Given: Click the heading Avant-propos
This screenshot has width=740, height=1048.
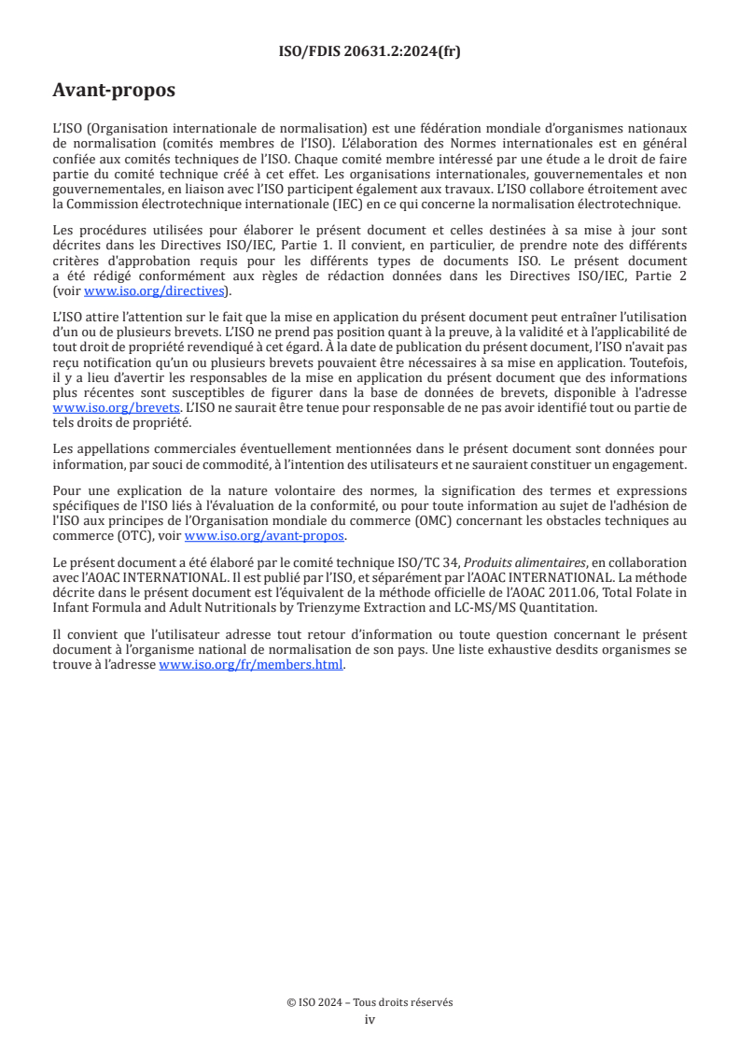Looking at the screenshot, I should (x=114, y=91).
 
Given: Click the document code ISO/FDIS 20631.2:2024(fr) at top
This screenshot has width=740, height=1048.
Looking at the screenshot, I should (x=370, y=51).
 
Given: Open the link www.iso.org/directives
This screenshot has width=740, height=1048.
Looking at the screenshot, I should (x=154, y=290).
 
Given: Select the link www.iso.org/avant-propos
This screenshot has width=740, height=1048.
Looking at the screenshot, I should (x=265, y=536).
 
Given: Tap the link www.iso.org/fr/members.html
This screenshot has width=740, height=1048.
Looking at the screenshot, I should (x=252, y=665).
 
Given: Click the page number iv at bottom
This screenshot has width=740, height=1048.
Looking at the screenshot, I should (x=370, y=1019).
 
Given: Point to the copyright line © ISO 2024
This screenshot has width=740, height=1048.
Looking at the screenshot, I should (x=370, y=1002).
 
